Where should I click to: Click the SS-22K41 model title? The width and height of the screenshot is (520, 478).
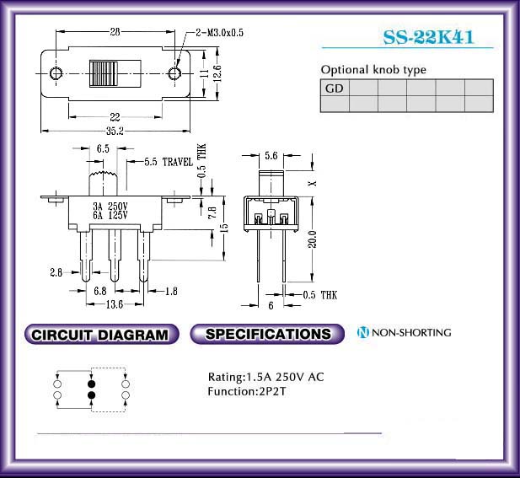[x=428, y=37]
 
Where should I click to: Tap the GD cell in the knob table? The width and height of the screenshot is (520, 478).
[x=335, y=89]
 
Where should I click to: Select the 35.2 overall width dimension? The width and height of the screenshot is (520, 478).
[x=115, y=131]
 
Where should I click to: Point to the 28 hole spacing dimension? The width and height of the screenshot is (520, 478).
[x=115, y=32]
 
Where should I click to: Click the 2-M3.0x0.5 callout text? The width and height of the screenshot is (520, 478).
[x=219, y=33]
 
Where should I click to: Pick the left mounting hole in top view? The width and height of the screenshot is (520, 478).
[x=56, y=73]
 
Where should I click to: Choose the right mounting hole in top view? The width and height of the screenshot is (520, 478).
[x=174, y=73]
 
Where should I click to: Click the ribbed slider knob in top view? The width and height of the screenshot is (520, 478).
[x=104, y=73]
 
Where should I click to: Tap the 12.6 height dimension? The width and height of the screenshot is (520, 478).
[x=217, y=73]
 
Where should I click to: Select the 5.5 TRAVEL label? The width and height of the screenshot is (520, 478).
[x=169, y=162]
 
